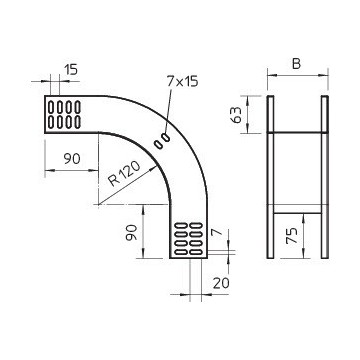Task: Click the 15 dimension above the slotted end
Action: (70, 69)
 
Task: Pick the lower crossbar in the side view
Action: (298, 212)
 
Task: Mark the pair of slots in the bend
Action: (161, 142)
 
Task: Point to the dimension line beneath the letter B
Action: (298, 77)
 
